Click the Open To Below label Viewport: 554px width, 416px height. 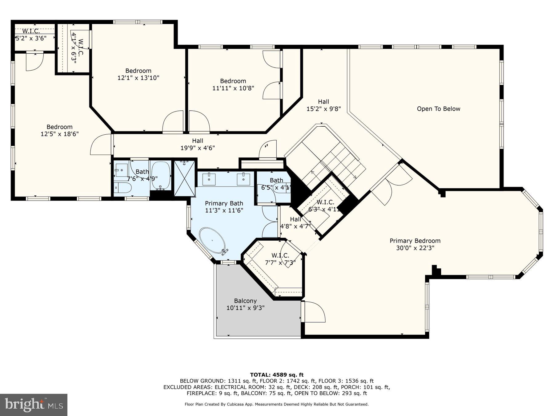[438, 109]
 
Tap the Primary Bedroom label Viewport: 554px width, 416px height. [415, 241]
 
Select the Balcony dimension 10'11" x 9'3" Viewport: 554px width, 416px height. [245, 308]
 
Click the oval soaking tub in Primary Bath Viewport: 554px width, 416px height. [213, 240]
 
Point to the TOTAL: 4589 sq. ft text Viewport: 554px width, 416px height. [276, 375]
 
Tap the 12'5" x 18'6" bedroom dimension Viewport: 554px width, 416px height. [59, 134]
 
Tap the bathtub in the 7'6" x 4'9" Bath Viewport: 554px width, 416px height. [161, 176]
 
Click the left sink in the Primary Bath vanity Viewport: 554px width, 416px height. [209, 179]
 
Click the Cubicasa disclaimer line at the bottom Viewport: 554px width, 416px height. [276, 404]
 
